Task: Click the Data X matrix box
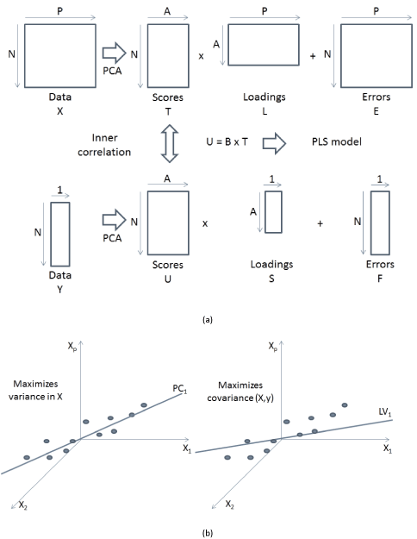coord(25,56)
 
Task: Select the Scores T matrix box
coord(147,56)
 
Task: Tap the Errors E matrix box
coord(340,56)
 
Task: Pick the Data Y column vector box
coord(51,234)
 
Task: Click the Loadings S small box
coord(265,212)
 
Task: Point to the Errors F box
coord(371,222)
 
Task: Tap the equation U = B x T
coord(227,141)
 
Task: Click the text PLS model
coord(337,141)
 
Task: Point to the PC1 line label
coord(180,389)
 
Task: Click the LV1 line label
coord(385,412)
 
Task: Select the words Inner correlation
coord(104,145)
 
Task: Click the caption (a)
coord(208,320)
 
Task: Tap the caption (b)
coord(208,533)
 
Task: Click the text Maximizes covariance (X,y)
coord(240,392)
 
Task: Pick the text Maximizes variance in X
coord(35,390)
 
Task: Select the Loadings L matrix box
coord(228,45)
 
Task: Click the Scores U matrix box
coord(147,222)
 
